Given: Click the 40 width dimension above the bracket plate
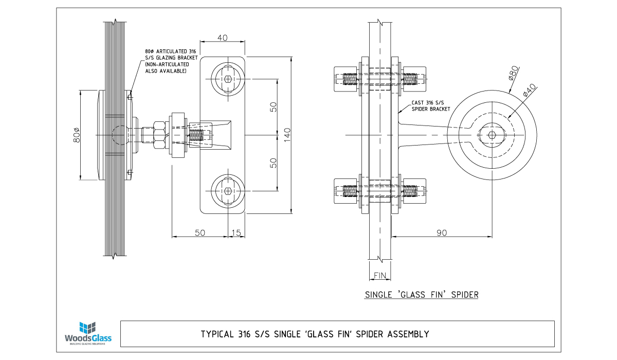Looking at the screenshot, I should click(x=223, y=38).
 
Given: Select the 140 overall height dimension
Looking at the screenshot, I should click(x=287, y=134).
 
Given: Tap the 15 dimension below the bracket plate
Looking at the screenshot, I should click(x=236, y=233).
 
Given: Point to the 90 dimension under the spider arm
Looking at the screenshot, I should click(x=441, y=233).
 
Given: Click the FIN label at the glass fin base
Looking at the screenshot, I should click(x=379, y=276).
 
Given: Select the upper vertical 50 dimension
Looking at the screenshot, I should click(x=274, y=106).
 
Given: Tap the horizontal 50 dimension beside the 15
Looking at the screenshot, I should click(x=199, y=233).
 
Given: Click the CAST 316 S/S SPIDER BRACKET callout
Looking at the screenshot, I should click(x=430, y=106).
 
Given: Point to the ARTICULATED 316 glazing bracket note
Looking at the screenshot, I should click(x=166, y=61).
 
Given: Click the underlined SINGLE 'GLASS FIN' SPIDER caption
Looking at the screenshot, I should click(x=422, y=295).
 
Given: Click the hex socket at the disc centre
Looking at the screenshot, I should click(x=492, y=135).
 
